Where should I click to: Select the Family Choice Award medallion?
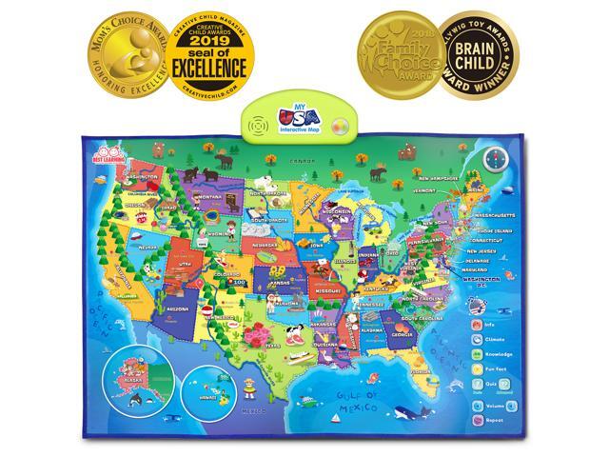(x=394, y=50)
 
